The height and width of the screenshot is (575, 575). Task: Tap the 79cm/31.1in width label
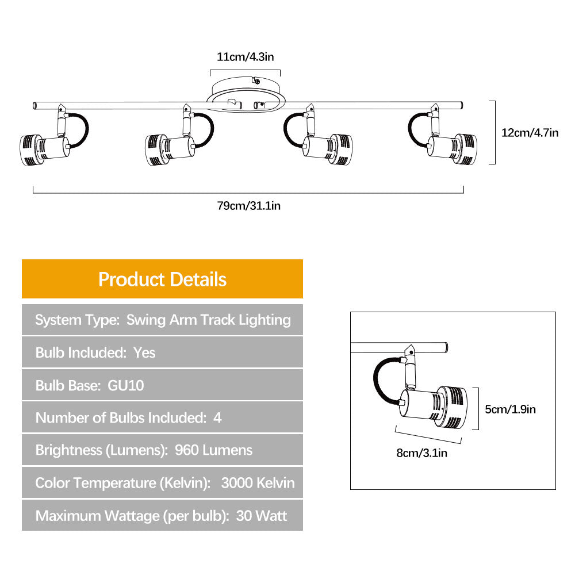[x=248, y=205]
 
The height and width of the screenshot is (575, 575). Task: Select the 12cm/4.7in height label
[x=530, y=132]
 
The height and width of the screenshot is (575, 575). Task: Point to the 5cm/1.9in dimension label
[x=510, y=409]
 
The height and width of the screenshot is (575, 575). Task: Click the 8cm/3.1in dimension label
[x=421, y=453]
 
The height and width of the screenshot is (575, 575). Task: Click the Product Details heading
[x=162, y=279]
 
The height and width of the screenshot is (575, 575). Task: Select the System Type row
[x=163, y=320]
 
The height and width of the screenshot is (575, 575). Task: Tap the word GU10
[x=126, y=385]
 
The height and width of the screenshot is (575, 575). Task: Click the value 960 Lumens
[x=213, y=450]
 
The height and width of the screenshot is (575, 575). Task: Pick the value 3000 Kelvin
[x=258, y=482]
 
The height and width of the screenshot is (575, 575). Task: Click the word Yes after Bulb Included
[x=144, y=352]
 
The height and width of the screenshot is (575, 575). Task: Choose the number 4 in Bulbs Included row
[x=217, y=417]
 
